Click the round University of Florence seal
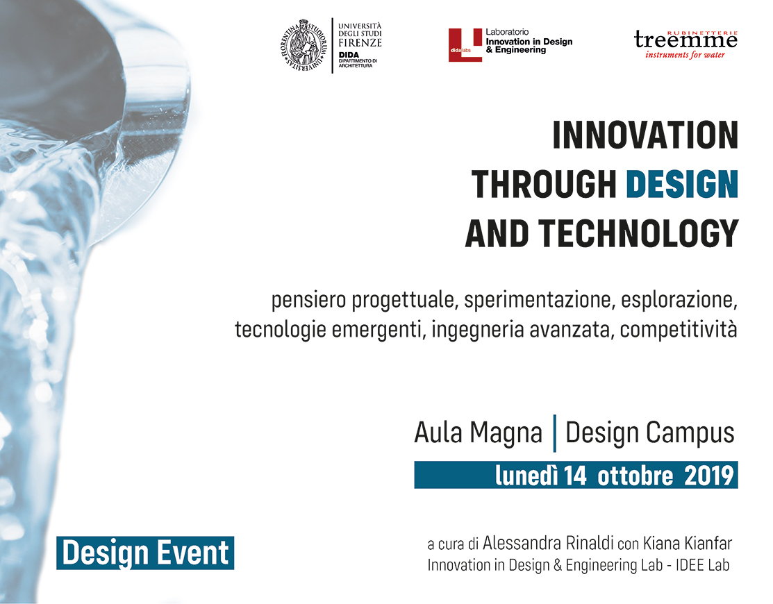[304, 45]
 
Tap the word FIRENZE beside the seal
[360, 42]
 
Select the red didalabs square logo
[465, 45]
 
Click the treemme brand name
[685, 40]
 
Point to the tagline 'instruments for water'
[685, 55]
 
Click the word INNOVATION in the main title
[645, 135]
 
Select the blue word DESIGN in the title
[682, 184]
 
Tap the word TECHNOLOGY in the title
[638, 233]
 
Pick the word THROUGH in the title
[545, 184]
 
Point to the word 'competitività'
[679, 330]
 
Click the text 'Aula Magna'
[479, 433]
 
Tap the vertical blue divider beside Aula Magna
[555, 433]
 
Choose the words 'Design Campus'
[650, 433]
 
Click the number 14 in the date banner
[575, 476]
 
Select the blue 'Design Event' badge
[145, 553]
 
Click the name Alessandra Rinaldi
[548, 543]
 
